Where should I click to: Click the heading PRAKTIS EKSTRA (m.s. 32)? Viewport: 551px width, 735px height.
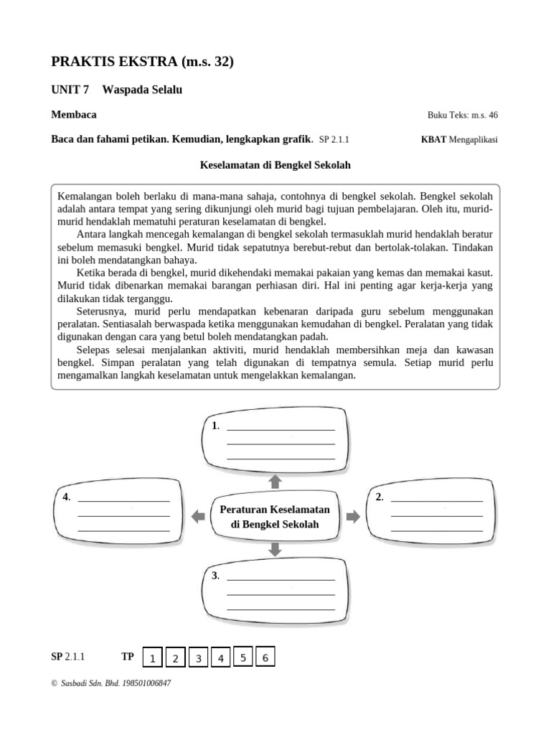[143, 62]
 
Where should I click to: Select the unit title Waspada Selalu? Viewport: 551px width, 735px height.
[142, 90]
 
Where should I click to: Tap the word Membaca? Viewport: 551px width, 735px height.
[74, 115]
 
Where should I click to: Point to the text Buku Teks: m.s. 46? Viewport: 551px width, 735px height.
[462, 115]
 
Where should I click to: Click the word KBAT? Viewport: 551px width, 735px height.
[433, 139]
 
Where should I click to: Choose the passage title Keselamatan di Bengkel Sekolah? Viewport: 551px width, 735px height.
[275, 165]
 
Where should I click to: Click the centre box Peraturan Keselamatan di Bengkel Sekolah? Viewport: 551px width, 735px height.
[275, 517]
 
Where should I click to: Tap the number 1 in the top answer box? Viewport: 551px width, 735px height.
[215, 426]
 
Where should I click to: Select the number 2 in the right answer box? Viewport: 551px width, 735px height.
[379, 497]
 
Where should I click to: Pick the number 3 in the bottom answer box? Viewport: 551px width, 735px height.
[215, 576]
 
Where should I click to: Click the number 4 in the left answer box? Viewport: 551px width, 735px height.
[66, 497]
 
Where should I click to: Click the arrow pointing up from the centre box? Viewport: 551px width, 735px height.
[275, 481]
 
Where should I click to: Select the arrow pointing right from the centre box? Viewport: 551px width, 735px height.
[352, 517]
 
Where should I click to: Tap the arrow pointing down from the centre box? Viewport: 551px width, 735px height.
[275, 550]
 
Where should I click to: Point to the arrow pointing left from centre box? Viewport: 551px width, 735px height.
[198, 517]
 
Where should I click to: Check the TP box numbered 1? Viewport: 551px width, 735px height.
[152, 658]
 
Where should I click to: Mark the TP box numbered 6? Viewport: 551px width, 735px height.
[265, 657]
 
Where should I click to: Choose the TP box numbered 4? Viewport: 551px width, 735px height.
[220, 658]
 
